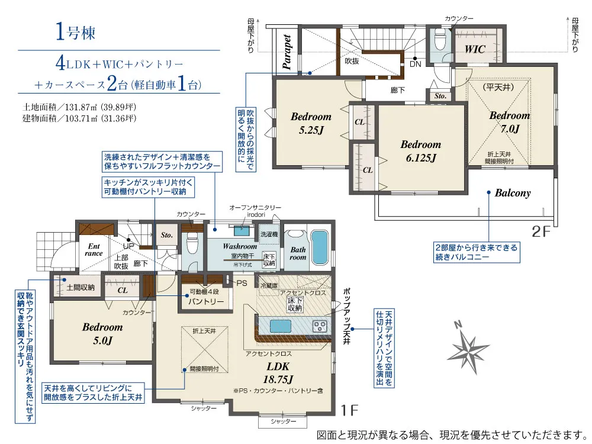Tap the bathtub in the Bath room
(320, 249)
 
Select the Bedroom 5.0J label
(102, 334)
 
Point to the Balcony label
(513, 193)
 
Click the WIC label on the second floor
(475, 49)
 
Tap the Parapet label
(287, 52)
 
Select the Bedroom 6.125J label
(420, 151)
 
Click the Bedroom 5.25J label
(311, 123)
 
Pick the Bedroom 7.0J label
(509, 122)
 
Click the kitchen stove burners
(320, 326)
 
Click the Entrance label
(94, 250)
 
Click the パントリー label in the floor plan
(205, 302)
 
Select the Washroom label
(240, 246)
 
